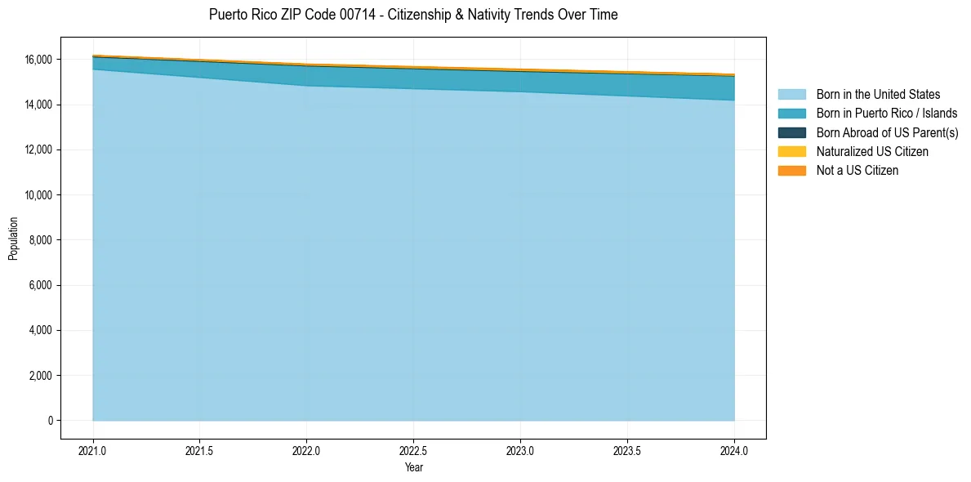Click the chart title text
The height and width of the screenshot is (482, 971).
pyautogui.click(x=413, y=15)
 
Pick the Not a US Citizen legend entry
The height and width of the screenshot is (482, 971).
pyautogui.click(x=857, y=170)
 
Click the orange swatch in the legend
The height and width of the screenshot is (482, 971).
pyautogui.click(x=791, y=170)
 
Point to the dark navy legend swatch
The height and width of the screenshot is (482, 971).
pyautogui.click(x=791, y=132)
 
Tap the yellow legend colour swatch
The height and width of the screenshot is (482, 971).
pyautogui.click(x=791, y=151)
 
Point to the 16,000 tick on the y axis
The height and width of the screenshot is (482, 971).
pyautogui.click(x=38, y=60)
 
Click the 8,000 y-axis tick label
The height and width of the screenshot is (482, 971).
pyautogui.click(x=41, y=240)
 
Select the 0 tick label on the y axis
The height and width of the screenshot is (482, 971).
pyautogui.click(x=50, y=421)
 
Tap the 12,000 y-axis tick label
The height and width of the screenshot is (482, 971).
pyautogui.click(x=38, y=150)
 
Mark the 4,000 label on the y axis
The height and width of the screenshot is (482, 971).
pyautogui.click(x=41, y=331)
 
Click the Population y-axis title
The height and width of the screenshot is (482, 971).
pyautogui.click(x=13, y=239)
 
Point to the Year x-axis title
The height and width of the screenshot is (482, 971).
pyautogui.click(x=413, y=467)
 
